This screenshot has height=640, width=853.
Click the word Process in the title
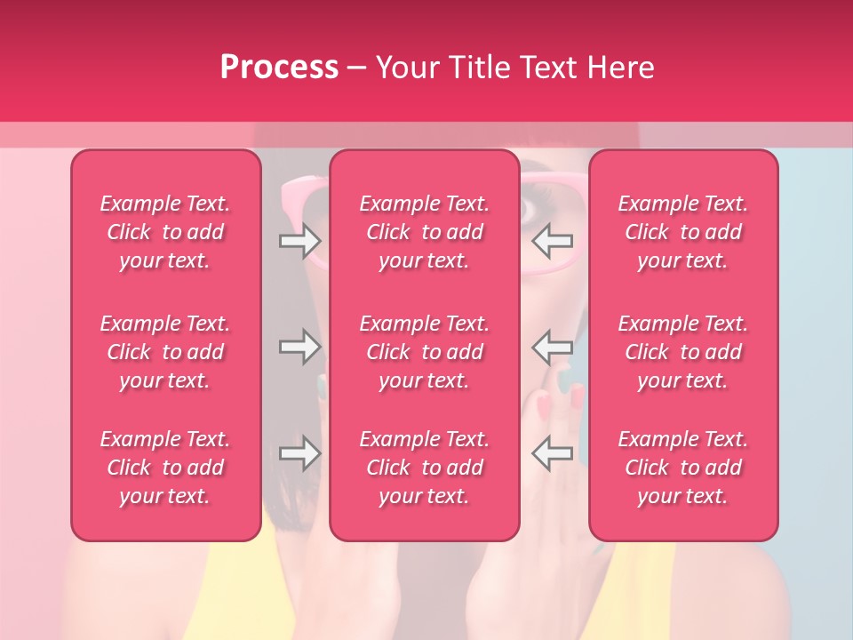tap(279, 68)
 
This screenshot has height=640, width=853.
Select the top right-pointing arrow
tap(299, 239)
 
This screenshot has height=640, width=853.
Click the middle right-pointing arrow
tap(299, 347)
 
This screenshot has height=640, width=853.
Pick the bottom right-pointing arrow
tap(299, 453)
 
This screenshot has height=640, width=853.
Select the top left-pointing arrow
tap(553, 239)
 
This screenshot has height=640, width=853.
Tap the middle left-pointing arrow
tap(553, 347)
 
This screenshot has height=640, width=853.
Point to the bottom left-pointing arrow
tap(553, 453)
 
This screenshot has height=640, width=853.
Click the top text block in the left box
tap(165, 232)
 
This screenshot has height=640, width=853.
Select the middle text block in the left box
tap(165, 352)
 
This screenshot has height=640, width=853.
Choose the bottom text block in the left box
tap(165, 468)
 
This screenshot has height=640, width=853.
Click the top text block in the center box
tap(425, 232)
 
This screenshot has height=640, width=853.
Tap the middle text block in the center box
tap(425, 352)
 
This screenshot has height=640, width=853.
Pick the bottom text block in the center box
tap(425, 468)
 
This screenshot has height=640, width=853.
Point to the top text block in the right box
tap(683, 232)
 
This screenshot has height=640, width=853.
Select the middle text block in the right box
tap(683, 352)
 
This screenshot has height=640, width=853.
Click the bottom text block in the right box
tap(683, 468)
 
